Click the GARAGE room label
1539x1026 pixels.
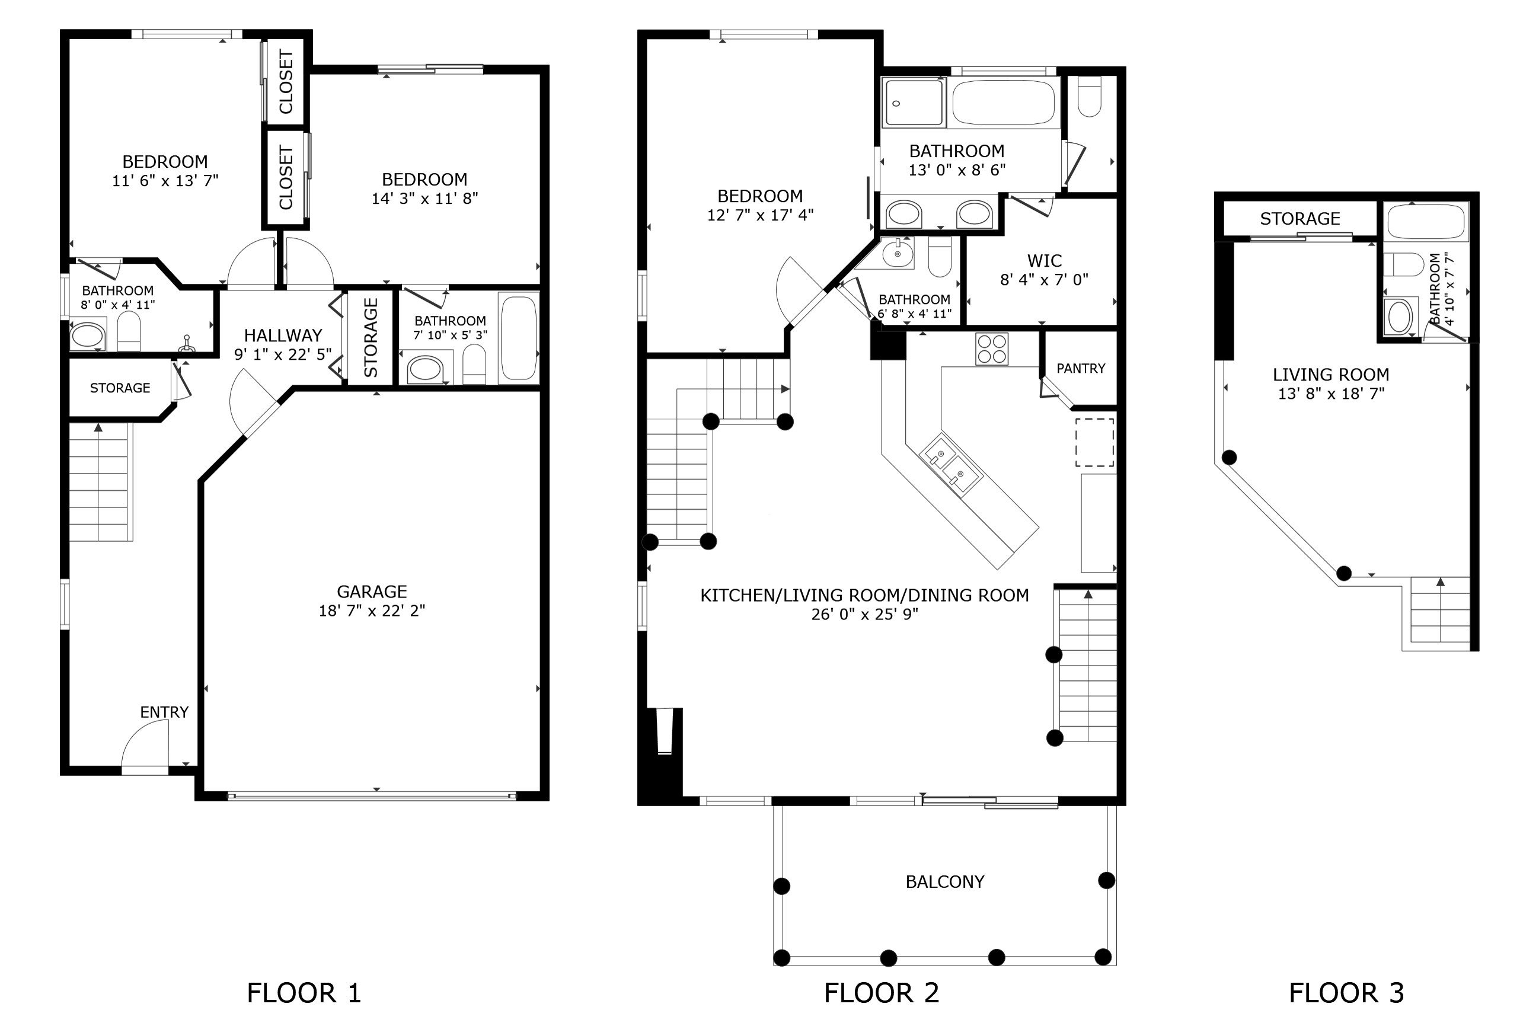pos(372,592)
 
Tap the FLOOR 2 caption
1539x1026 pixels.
pos(882,993)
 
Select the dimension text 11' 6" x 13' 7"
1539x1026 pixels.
pos(165,181)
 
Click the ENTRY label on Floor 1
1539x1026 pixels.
pos(164,712)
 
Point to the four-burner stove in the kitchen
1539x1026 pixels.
pos(992,349)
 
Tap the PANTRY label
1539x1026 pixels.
pos(1081,369)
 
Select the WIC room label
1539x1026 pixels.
pos(1045,260)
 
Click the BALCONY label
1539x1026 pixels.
pos(945,882)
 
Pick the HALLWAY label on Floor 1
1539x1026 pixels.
pos(283,335)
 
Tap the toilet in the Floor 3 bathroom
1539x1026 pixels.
pos(1404,265)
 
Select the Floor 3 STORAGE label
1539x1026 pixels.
pos(1300,219)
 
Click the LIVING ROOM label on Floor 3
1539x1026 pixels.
pos(1331,375)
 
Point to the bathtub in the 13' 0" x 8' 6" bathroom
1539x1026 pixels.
pos(1004,103)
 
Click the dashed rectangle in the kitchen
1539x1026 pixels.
pos(1095,442)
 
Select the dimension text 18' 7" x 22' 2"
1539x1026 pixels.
pos(372,611)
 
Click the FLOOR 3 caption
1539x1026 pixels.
pos(1347,993)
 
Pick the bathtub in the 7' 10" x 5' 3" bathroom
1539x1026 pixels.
pos(518,337)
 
